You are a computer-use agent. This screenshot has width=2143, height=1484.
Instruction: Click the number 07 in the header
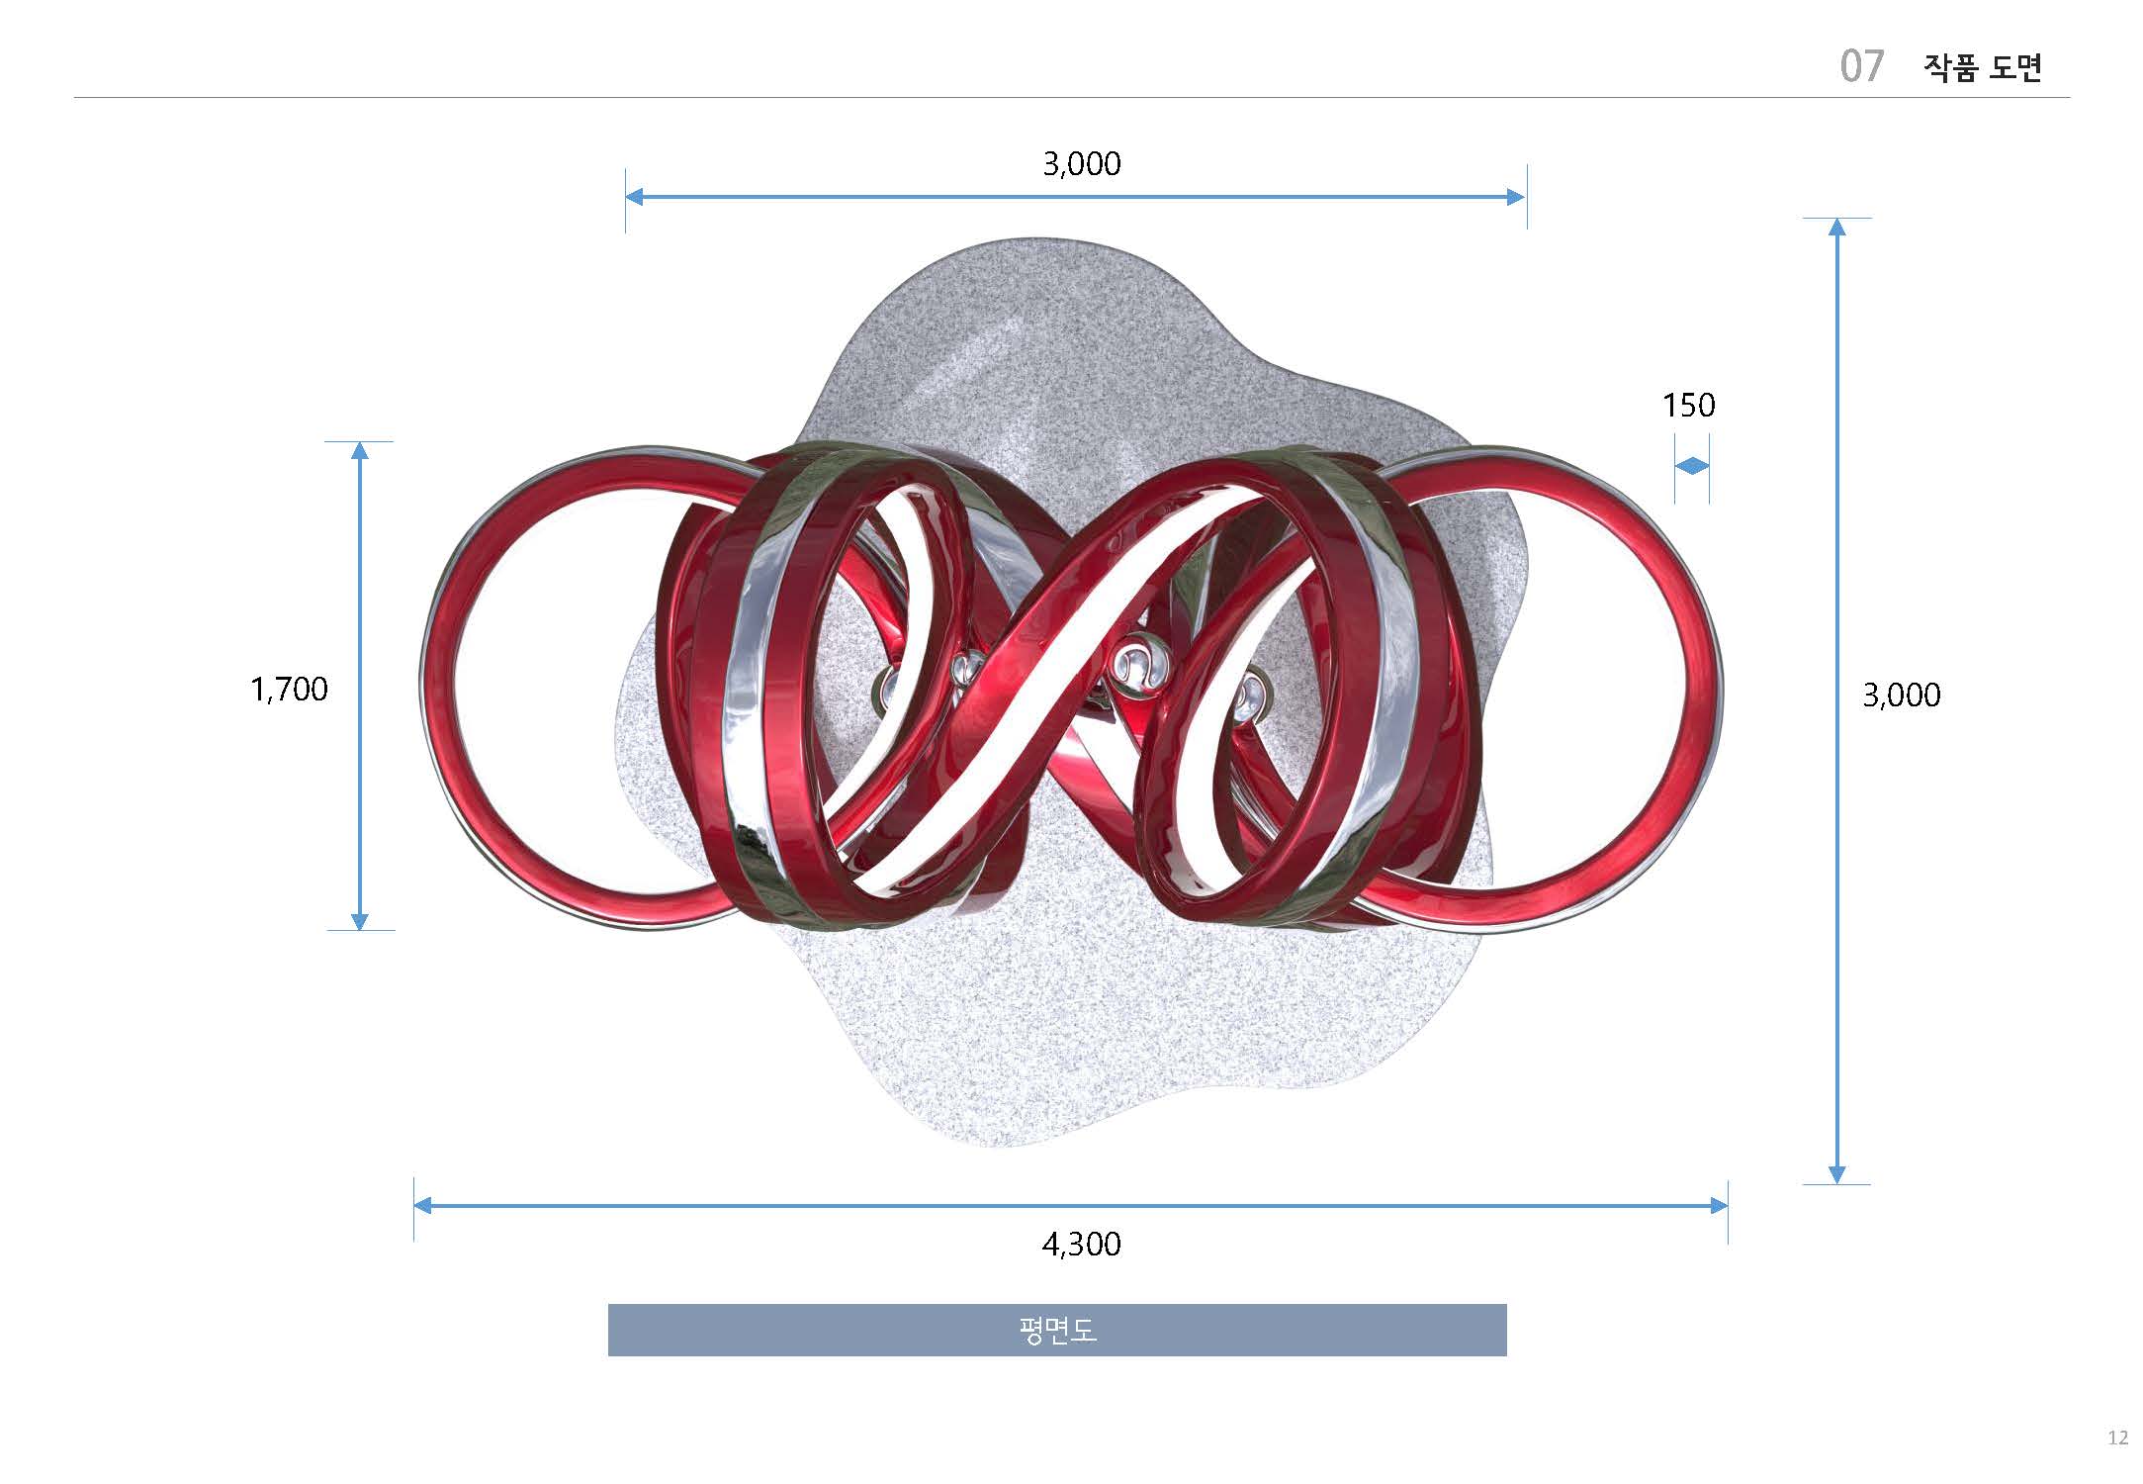pos(1861,66)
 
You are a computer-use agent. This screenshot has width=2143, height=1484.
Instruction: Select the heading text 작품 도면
pos(1982,67)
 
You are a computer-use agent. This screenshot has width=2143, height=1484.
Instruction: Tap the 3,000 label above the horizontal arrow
pos(1082,164)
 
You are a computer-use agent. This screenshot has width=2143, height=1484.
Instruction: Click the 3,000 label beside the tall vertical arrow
pos(1901,696)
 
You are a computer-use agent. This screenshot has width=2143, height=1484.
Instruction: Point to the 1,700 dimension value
pos(289,690)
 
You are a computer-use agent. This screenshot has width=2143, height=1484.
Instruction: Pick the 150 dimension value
pos(1688,406)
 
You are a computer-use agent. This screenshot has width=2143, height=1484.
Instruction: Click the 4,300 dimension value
pos(1081,1245)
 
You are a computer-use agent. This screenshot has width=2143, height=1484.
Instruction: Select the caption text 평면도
pos(1057,1331)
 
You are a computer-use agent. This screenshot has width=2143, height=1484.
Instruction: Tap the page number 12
pos(2117,1438)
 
